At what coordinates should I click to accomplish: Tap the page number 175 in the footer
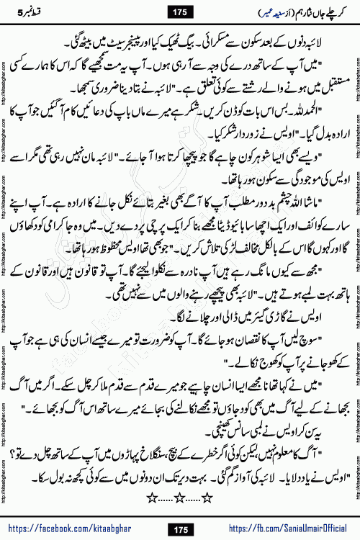click(179, 530)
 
